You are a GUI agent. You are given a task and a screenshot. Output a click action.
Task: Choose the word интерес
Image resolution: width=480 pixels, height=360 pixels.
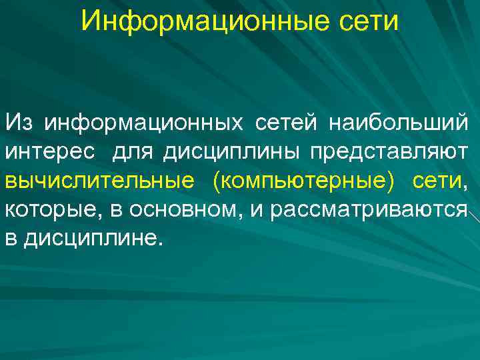53,152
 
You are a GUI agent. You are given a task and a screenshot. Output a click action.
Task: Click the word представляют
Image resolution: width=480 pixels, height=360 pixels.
388,152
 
